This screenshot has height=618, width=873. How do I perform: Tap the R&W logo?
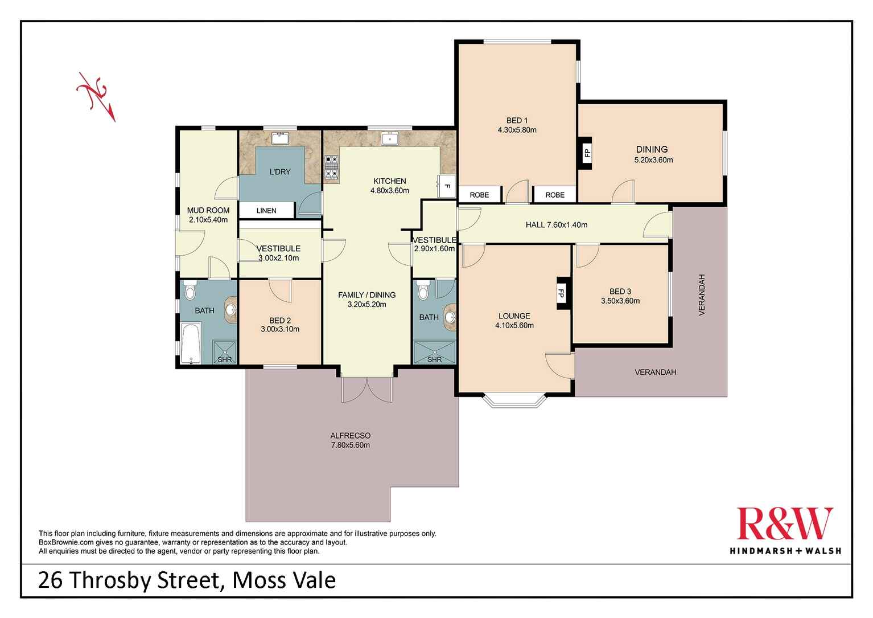point(785,524)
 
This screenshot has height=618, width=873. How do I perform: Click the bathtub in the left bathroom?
point(191,343)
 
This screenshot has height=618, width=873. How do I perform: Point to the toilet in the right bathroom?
point(422,292)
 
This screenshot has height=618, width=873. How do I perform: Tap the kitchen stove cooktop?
point(331,169)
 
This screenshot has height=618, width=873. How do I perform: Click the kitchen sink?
point(390,138)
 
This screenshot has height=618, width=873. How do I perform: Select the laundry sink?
point(279,138)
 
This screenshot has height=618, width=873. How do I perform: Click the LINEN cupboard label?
point(266,211)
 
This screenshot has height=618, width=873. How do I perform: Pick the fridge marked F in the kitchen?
point(446,185)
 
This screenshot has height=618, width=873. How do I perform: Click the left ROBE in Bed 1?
point(479,195)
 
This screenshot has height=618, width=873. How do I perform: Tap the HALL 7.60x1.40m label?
point(556,225)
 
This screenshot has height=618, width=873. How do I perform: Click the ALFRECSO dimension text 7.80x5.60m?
point(352,445)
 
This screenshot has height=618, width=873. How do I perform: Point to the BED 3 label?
point(620,291)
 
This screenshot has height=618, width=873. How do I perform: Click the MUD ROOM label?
point(208,210)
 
